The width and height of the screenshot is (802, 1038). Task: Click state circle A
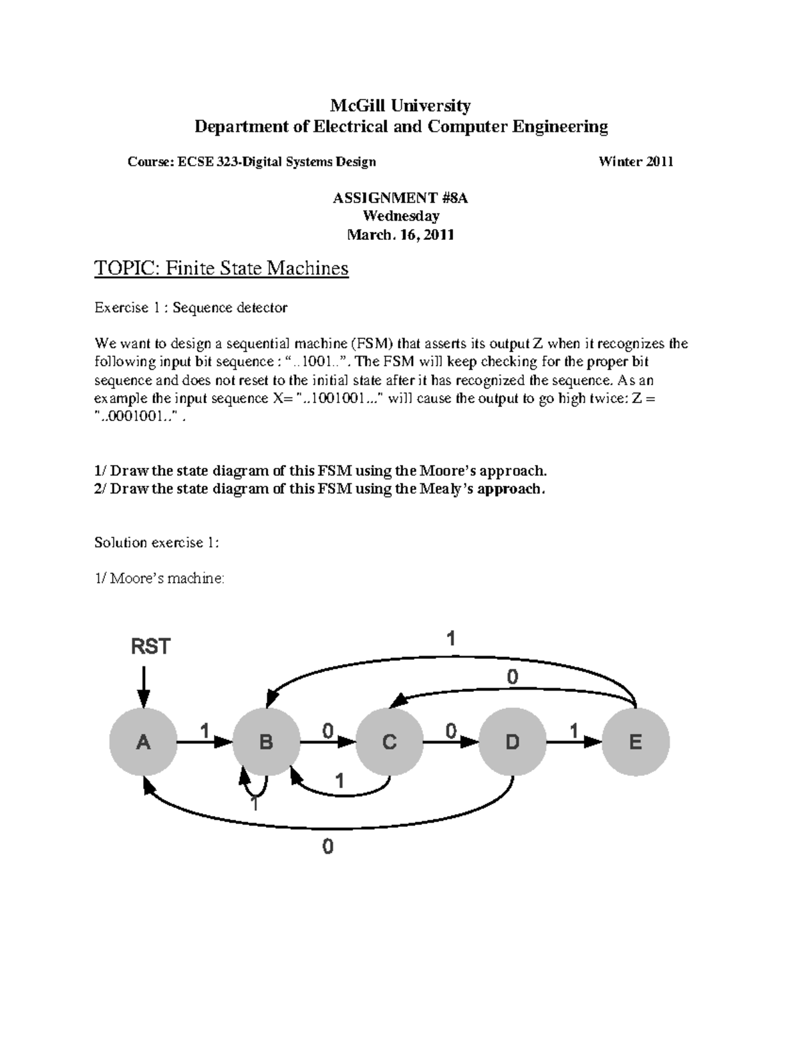pos(144,742)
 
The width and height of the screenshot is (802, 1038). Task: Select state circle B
pos(266,742)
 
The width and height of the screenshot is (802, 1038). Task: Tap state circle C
pos(389,742)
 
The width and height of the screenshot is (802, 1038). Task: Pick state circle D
pos(512,742)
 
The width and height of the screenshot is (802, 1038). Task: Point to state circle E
pos(635,742)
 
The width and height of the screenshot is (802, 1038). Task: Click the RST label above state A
pos(150,646)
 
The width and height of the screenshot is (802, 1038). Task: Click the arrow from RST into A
pos(143,688)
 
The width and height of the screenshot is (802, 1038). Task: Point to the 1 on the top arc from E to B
pos(451,640)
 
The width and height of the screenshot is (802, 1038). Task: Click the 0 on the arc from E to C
pos(512,678)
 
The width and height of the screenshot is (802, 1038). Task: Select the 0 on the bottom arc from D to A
pos(327,847)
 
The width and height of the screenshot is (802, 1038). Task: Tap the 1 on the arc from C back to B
pos(340,781)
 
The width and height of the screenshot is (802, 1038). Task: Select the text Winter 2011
pos(636,161)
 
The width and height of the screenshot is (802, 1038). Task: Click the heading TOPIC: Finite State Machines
pos(221,268)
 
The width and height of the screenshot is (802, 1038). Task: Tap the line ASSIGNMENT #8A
pos(401,198)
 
